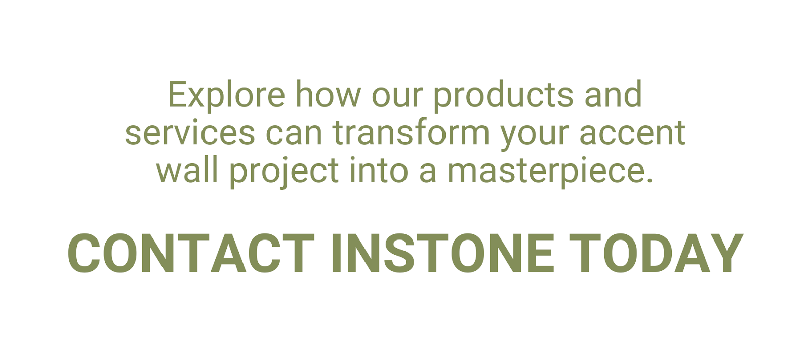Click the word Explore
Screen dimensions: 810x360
pyautogui.click(x=226, y=96)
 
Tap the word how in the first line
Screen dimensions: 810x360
pyautogui.click(x=329, y=94)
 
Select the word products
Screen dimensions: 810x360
pyautogui.click(x=503, y=96)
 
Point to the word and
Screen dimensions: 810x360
pyautogui.click(x=613, y=94)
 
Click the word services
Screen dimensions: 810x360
pyautogui.click(x=190, y=133)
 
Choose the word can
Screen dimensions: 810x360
pyautogui.click(x=294, y=134)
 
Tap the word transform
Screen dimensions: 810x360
pyautogui.click(x=411, y=133)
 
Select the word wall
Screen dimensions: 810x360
pyautogui.click(x=187, y=170)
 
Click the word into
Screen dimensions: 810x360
pyautogui.click(x=379, y=170)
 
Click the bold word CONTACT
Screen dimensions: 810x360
pyautogui.click(x=191, y=253)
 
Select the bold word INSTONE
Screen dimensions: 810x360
pyautogui.click(x=443, y=253)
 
